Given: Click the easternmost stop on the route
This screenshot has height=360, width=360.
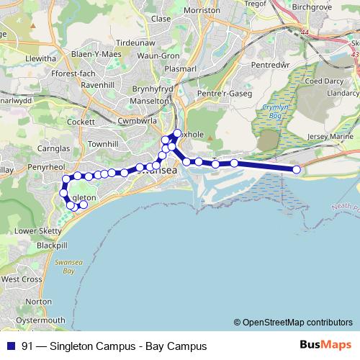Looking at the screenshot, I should pos(296,169).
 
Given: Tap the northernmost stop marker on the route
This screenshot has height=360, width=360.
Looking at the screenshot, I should pos(177,133).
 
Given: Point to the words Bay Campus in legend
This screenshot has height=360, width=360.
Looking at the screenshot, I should pos(176,346).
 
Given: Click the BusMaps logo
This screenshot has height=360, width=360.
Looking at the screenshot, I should pos(325,346).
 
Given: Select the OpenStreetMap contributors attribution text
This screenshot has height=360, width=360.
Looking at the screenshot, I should pos(297,322).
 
